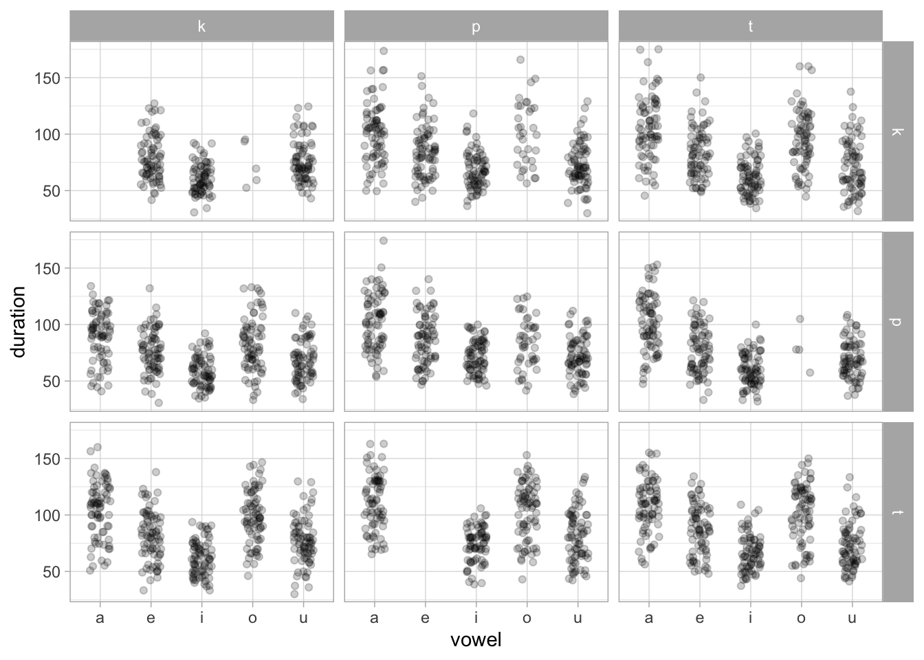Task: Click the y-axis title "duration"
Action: tap(19, 322)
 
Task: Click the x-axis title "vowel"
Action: tap(476, 640)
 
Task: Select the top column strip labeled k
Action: tap(201, 26)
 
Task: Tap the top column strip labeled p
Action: tap(476, 26)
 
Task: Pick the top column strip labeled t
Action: tap(750, 26)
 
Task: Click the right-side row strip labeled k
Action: tap(898, 131)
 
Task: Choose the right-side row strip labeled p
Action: tap(898, 322)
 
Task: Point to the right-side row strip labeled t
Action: tap(898, 512)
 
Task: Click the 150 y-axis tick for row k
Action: tap(47, 78)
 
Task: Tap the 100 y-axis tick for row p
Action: tap(47, 324)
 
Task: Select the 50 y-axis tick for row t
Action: tap(47, 571)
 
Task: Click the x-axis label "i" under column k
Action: tap(201, 618)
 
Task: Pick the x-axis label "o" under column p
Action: tap(527, 618)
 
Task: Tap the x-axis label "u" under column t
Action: tap(852, 618)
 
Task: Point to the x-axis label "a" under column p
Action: tap(374, 618)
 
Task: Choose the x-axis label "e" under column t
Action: tap(699, 618)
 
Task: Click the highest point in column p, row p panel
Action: tap(384, 241)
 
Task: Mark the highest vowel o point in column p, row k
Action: tap(520, 60)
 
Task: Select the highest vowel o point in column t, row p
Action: tap(800, 319)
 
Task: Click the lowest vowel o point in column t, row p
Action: tap(810, 373)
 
